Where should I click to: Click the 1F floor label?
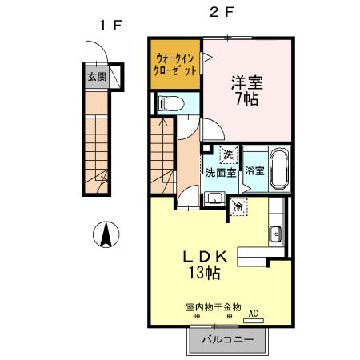pos(110,25)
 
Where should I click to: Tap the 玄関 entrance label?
pos(95,78)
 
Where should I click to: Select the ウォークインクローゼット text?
pos(174,62)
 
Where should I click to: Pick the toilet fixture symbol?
pos(169,102)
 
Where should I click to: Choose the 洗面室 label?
pos(220,171)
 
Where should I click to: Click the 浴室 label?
pos(254,170)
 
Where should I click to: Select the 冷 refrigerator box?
pos(238,207)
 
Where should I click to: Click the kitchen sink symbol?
pos(276,234)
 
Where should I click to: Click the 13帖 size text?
pos(206,274)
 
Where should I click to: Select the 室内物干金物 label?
pos(212,306)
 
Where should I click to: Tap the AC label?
pos(254,314)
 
